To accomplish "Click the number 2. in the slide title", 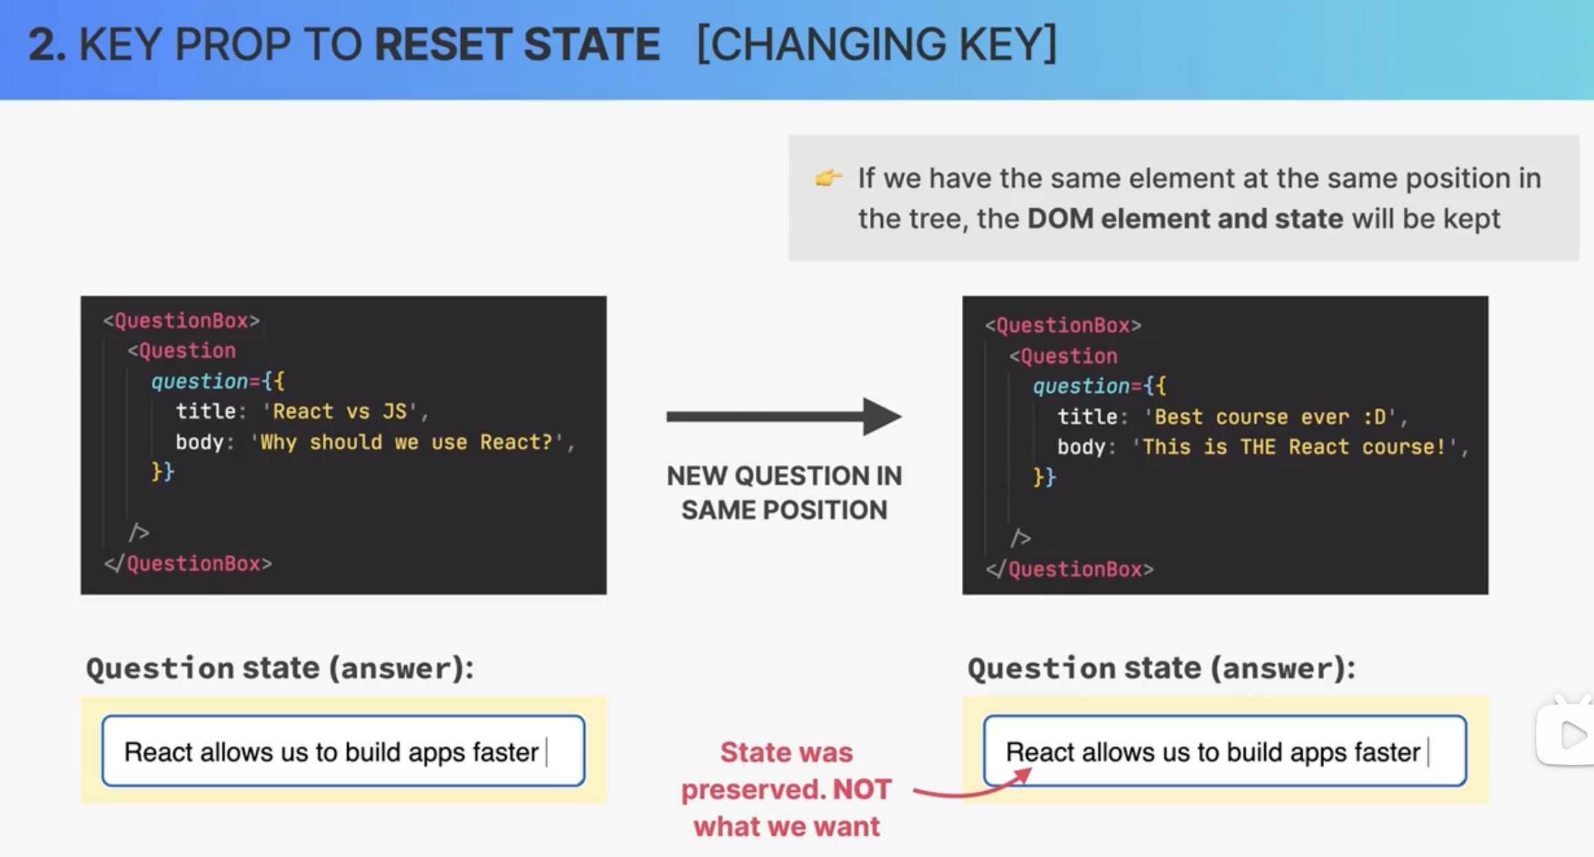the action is (47, 45).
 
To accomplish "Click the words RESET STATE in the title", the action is (517, 45).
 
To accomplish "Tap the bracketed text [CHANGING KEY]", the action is (877, 45).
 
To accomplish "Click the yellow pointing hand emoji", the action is (828, 178).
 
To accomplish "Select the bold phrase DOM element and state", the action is (1185, 218).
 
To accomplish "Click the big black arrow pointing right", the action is (784, 416).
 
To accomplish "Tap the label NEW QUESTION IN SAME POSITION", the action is (784, 492).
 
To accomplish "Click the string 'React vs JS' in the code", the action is (340, 411).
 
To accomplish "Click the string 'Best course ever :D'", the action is (1270, 417).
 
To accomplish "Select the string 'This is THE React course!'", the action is (1295, 447).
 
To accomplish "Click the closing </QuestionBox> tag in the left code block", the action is (188, 564).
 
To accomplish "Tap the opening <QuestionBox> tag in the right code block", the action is (1063, 325).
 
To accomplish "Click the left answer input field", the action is (344, 751).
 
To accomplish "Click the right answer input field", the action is (1225, 751).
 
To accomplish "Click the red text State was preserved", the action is (786, 770).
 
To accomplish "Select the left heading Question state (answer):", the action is (280, 667).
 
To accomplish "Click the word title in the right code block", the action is (1088, 417).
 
